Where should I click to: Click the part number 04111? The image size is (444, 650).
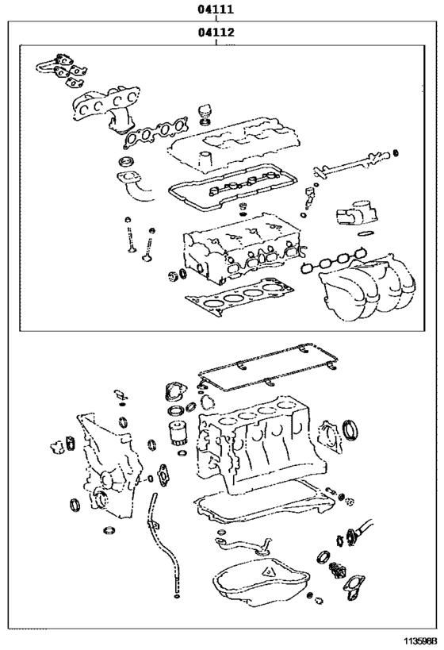[216, 9]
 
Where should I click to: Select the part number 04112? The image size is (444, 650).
[216, 32]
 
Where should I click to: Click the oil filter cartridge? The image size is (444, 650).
[176, 434]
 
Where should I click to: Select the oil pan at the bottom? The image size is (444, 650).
[261, 582]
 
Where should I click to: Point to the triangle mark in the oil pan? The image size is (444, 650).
[267, 572]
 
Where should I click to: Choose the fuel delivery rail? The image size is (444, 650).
[352, 163]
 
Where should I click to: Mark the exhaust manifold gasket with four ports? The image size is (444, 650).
[155, 132]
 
